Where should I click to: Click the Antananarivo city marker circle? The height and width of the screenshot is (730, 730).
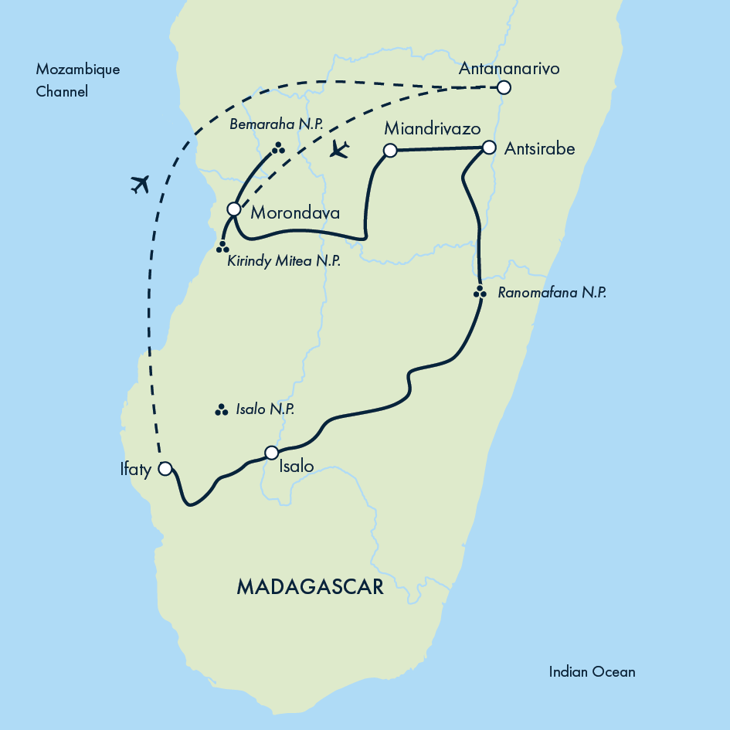pyautogui.click(x=504, y=87)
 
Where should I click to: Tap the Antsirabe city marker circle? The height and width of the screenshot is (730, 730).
pyautogui.click(x=489, y=147)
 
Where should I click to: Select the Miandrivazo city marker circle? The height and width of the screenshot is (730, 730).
pyautogui.click(x=390, y=151)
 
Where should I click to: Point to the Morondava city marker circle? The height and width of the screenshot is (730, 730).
pyautogui.click(x=233, y=209)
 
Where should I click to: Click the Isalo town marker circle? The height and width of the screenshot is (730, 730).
pyautogui.click(x=271, y=453)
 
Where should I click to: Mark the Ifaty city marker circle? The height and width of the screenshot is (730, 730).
pyautogui.click(x=165, y=468)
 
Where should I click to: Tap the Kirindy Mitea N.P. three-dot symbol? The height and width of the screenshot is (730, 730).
pyautogui.click(x=222, y=247)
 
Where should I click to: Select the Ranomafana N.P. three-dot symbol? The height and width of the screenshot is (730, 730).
pyautogui.click(x=480, y=292)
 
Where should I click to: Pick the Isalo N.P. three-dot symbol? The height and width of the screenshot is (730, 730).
pyautogui.click(x=220, y=409)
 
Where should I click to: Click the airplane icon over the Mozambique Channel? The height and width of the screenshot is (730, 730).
pyautogui.click(x=140, y=184)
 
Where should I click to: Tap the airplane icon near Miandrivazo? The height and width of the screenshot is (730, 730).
pyautogui.click(x=338, y=148)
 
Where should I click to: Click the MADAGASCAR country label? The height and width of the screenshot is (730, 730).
pyautogui.click(x=310, y=587)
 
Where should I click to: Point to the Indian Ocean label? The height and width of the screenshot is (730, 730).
pyautogui.click(x=592, y=671)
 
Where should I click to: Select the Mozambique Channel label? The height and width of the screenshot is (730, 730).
pyautogui.click(x=77, y=80)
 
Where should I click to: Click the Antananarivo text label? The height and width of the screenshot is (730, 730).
pyautogui.click(x=508, y=69)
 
